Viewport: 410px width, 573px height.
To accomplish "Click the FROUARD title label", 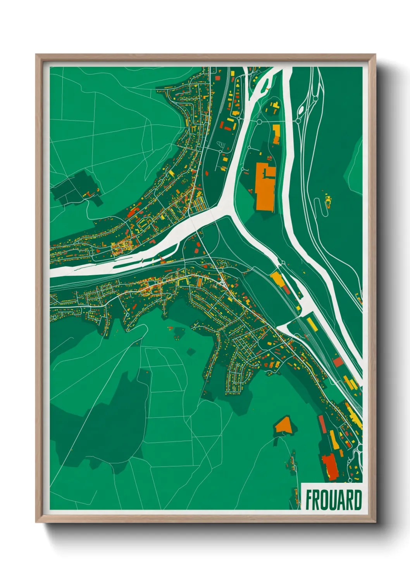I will (x=333, y=500).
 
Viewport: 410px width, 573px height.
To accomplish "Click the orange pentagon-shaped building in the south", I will (x=284, y=425).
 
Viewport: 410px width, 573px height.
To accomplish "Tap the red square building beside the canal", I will (x=338, y=362).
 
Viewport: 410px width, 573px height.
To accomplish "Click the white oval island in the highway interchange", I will (x=300, y=111).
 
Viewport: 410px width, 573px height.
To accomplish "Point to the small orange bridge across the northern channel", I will (x=267, y=89).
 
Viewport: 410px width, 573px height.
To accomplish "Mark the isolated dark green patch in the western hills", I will (x=76, y=188).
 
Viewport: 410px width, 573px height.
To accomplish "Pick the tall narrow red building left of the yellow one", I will (x=322, y=424).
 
